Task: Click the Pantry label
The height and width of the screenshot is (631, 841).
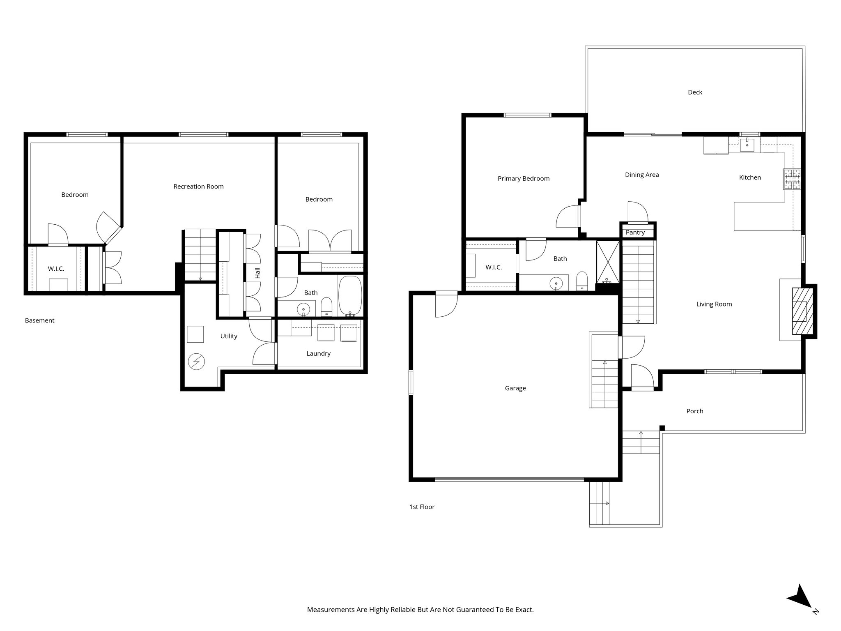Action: [635, 233]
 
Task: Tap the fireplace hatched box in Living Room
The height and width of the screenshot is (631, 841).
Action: [802, 311]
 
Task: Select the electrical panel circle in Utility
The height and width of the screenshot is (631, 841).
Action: [196, 362]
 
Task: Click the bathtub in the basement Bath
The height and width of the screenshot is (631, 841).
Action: [350, 295]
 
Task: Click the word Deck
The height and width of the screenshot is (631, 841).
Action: [695, 92]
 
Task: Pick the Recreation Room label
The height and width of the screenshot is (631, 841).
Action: [198, 187]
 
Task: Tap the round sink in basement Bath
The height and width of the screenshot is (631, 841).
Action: [303, 308]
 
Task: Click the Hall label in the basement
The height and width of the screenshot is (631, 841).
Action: [258, 273]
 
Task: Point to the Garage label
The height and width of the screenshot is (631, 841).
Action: [515, 388]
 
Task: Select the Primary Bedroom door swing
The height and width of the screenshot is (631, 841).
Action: [568, 217]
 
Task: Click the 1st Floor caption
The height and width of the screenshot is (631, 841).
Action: [422, 507]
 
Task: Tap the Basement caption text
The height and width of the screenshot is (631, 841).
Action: [39, 320]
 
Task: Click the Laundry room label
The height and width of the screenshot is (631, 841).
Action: [318, 353]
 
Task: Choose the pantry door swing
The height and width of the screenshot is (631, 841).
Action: [637, 212]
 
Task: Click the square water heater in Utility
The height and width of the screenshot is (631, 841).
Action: [195, 334]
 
